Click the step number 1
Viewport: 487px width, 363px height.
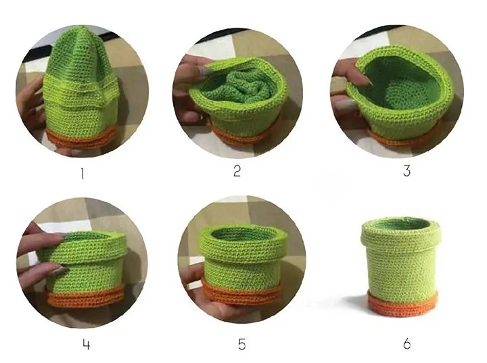(x=83, y=174)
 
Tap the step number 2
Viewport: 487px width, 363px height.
(x=237, y=171)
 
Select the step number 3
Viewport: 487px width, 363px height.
(x=407, y=171)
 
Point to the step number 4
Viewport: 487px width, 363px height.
(x=87, y=344)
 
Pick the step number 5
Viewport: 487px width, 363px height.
(x=241, y=344)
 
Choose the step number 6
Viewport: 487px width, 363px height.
(x=407, y=344)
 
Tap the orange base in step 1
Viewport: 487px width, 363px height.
(x=81, y=139)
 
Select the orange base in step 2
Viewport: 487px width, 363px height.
(x=241, y=134)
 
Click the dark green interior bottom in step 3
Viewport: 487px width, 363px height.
(x=400, y=93)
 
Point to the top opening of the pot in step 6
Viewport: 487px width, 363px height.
(x=400, y=224)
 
